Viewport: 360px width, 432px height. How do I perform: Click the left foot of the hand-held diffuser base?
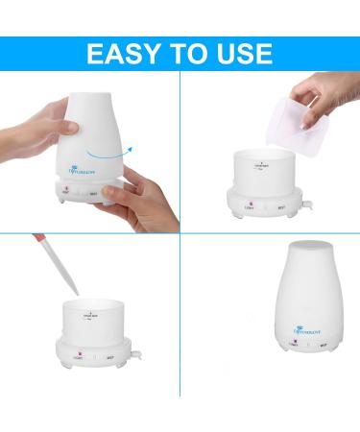65,204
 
